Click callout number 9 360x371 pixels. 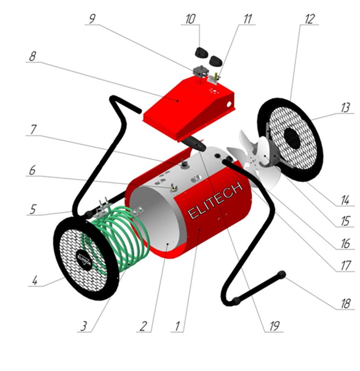[x=92, y=19]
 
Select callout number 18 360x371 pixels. [x=346, y=303]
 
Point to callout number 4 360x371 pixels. [x=35, y=281]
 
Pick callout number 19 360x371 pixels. [x=274, y=326]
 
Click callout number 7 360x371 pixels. [x=34, y=130]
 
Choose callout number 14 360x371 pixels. [x=346, y=200]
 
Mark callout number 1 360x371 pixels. [x=177, y=326]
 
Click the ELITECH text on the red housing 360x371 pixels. [x=215, y=200]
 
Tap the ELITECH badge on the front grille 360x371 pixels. [x=84, y=260]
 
